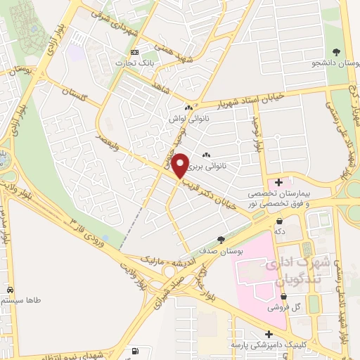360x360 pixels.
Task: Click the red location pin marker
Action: (180, 165)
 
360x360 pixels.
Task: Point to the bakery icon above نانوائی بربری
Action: (206, 155)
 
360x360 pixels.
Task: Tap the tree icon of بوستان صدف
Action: (221, 240)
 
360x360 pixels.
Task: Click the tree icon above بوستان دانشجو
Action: (336, 51)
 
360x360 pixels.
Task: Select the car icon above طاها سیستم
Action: (11, 290)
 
